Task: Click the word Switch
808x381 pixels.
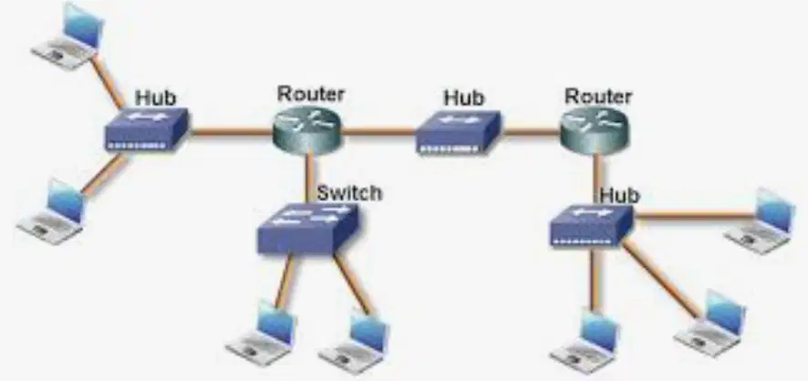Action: (349, 193)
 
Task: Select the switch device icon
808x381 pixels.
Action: (307, 228)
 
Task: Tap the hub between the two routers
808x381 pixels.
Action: (458, 132)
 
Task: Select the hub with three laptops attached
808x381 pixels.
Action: (591, 225)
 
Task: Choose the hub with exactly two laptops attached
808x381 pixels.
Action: (146, 129)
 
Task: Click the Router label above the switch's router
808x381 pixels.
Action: (311, 94)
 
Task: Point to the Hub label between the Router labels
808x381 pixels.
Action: (464, 98)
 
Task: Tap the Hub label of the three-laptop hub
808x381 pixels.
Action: (619, 196)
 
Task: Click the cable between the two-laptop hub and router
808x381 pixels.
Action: (231, 132)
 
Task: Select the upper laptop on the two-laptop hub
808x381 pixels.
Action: (68, 36)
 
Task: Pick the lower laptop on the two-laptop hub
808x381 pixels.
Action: (53, 211)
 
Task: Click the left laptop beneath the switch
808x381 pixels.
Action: (261, 333)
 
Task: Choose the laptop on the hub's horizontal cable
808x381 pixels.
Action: (759, 221)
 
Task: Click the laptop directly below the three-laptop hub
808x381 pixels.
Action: (585, 341)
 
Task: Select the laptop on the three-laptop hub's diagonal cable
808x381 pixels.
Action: (710, 324)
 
